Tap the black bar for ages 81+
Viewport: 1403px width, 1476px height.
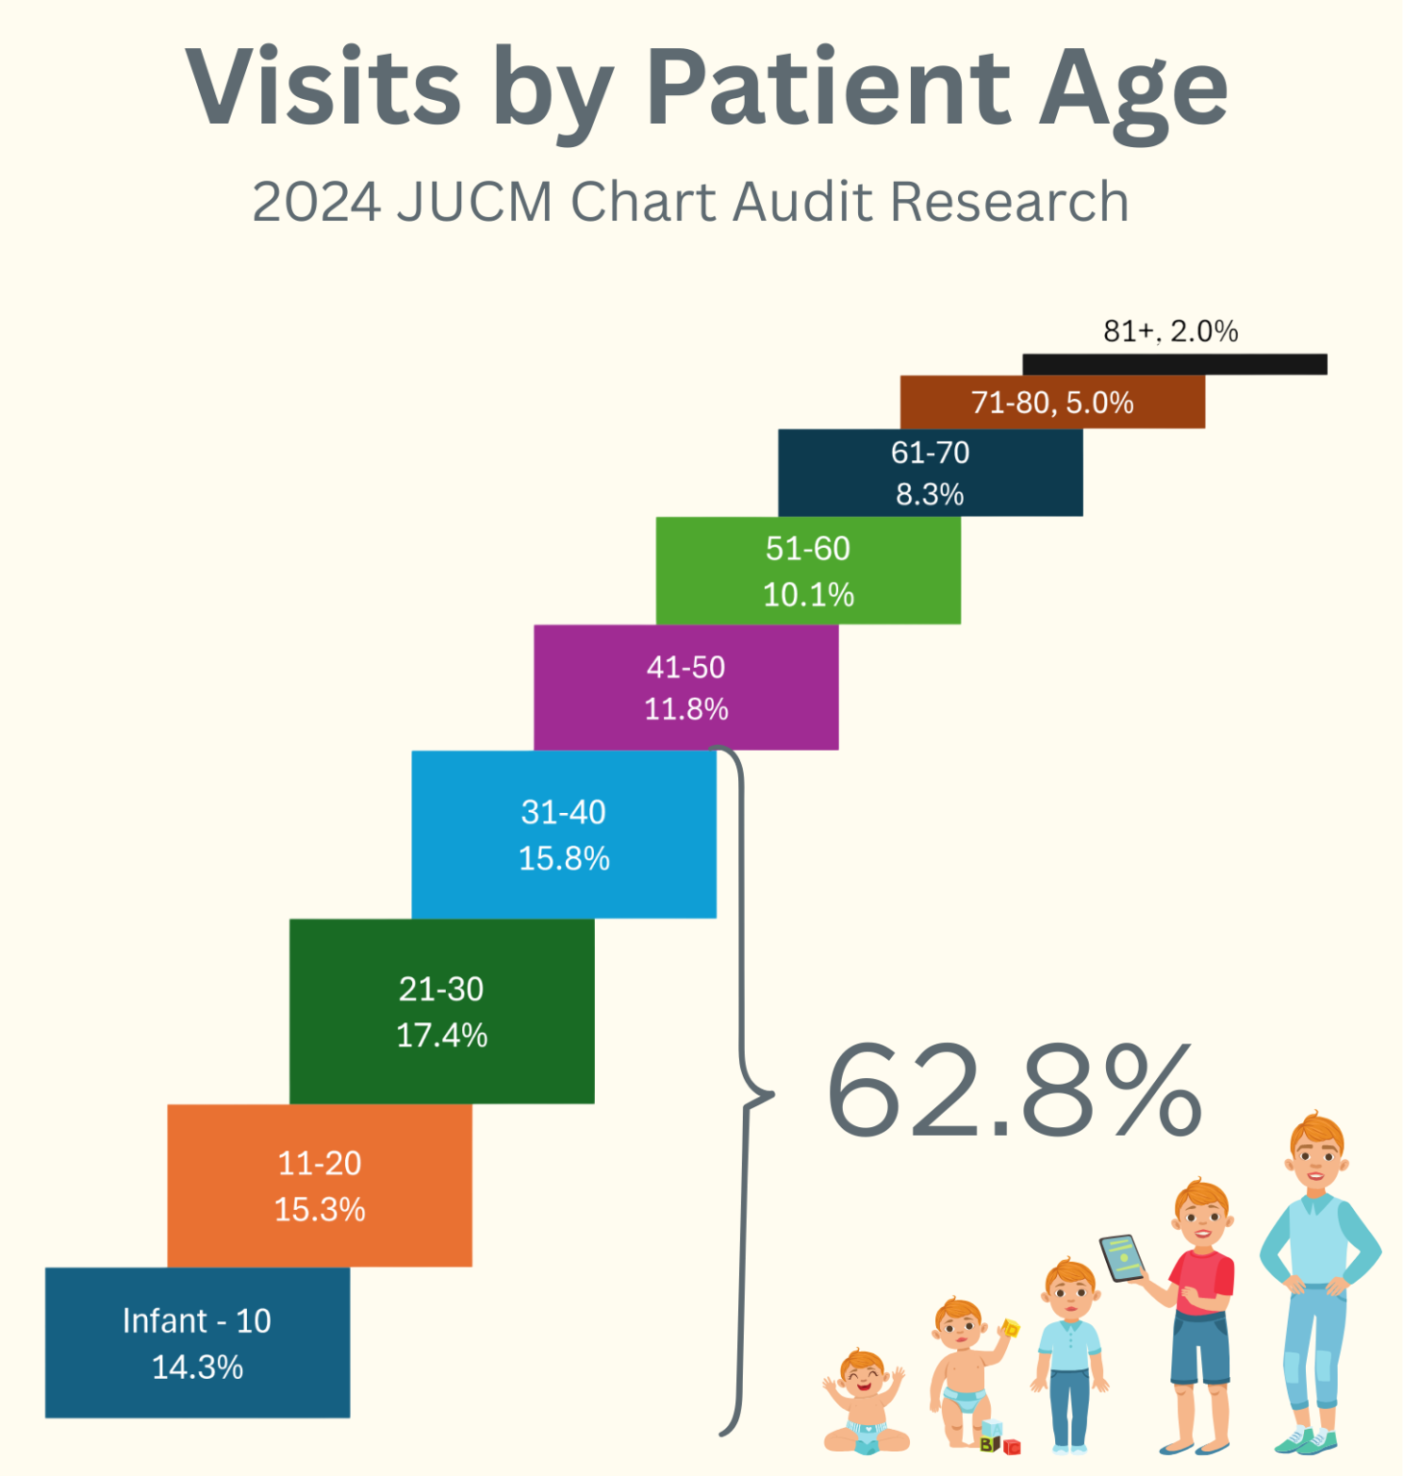[1174, 364]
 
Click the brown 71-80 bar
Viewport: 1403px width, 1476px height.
[1052, 402]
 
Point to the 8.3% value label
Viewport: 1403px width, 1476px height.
[929, 494]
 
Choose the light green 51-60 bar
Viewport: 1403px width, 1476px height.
[808, 571]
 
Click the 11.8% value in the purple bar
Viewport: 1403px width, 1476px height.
[686, 709]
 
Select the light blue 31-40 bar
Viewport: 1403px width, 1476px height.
[564, 834]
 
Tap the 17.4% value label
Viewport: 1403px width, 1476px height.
[442, 1035]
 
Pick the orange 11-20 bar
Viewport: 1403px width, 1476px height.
[320, 1185]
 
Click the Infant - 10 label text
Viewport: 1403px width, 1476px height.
[197, 1320]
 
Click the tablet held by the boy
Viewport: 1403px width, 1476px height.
[1121, 1257]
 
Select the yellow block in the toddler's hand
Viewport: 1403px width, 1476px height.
[1010, 1329]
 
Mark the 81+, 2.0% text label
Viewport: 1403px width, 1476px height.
[1170, 332]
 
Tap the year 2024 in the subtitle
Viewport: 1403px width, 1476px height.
[316, 202]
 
